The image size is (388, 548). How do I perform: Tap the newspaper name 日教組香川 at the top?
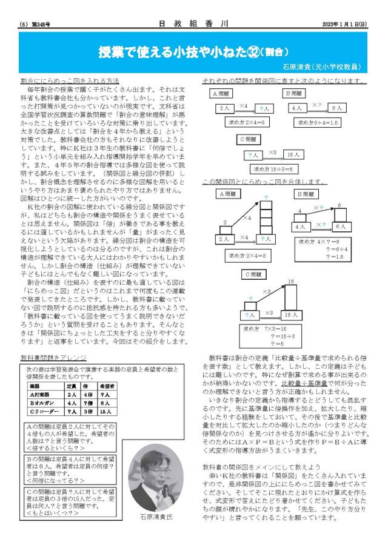(x=193, y=24)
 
